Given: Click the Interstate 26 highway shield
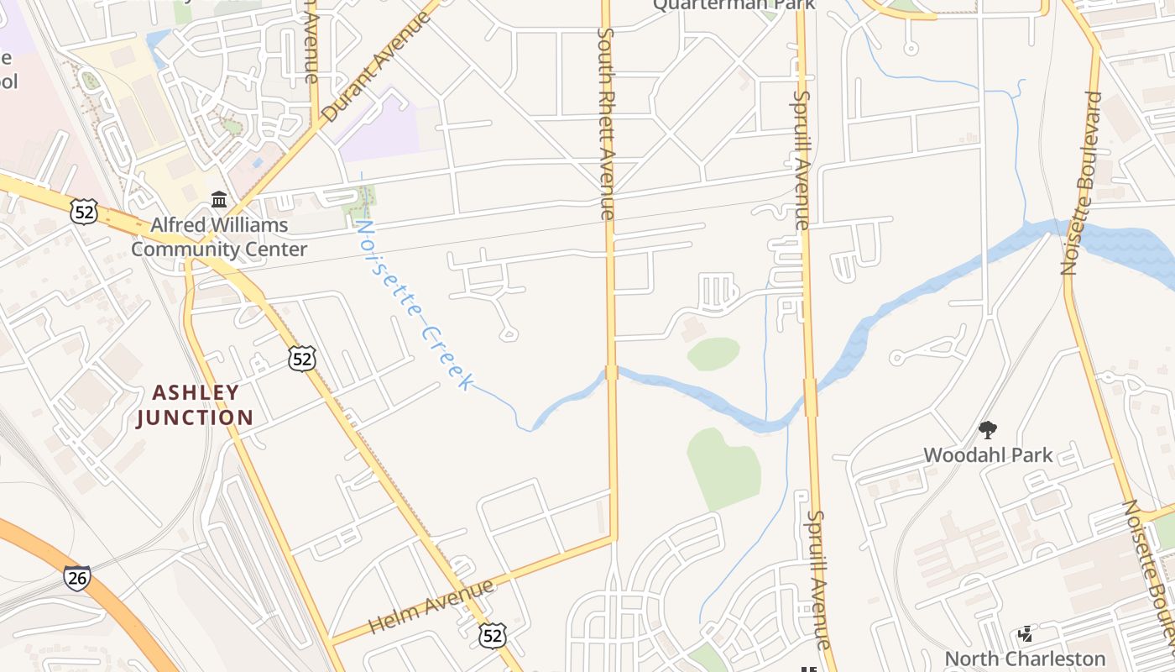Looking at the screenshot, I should [76, 577].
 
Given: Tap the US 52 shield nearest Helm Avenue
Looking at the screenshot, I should [493, 635].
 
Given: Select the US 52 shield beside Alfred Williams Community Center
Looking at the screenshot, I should [85, 211].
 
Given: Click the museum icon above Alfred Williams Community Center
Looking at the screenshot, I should [219, 200].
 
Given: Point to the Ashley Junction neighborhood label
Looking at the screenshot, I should [195, 405].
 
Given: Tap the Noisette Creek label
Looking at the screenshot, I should [412, 304].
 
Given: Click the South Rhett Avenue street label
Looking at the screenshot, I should [606, 123].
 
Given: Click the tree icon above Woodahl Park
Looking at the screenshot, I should [988, 430].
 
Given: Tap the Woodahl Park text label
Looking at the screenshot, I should [988, 455].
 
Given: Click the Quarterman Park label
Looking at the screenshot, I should [734, 5].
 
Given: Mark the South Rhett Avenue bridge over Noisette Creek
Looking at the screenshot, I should [612, 372].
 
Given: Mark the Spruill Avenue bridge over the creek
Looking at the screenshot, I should [810, 396].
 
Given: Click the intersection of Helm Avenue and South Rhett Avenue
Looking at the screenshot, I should [614, 538].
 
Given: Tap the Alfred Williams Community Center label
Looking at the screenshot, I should [219, 237].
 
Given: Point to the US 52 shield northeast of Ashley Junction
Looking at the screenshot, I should [301, 359].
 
